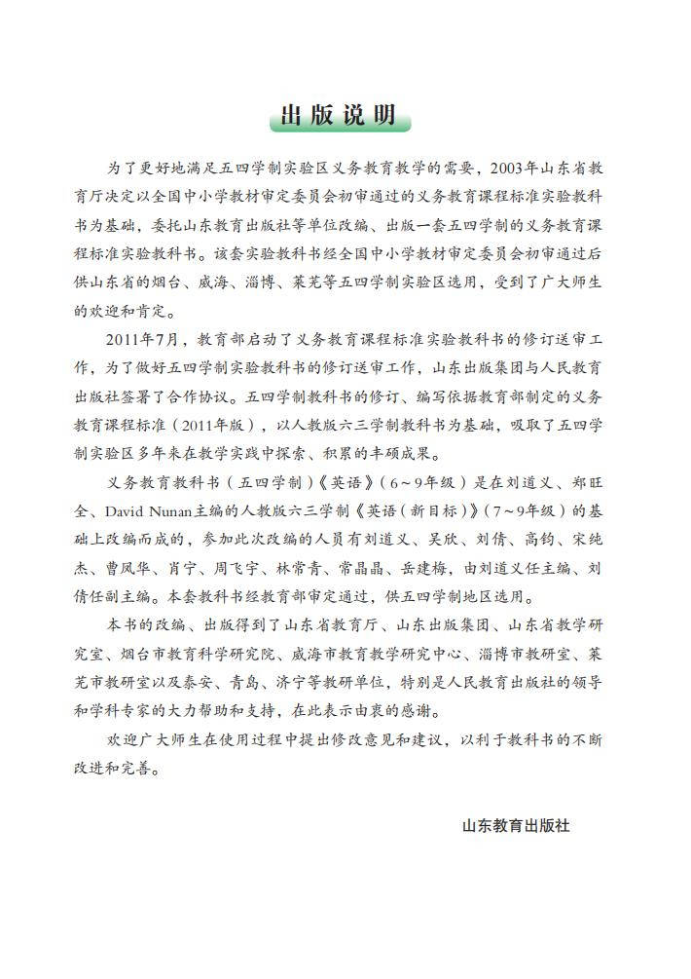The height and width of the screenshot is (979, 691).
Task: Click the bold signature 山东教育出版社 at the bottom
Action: point(516,825)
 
